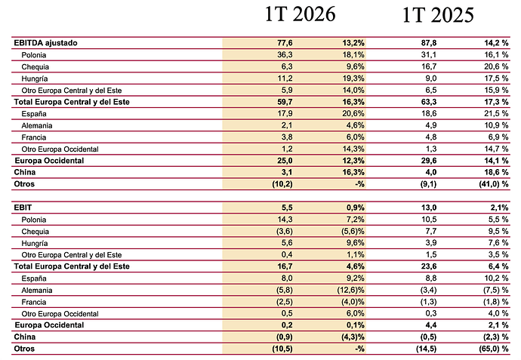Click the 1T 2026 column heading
[300, 14]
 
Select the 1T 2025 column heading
[438, 15]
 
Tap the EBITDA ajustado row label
[45, 43]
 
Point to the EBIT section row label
[23, 208]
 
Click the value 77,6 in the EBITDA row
[285, 43]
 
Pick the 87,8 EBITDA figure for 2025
[429, 43]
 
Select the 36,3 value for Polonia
[285, 54]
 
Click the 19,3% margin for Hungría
[353, 78]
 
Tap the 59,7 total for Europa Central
[285, 102]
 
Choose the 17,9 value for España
[285, 113]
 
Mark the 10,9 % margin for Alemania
[496, 125]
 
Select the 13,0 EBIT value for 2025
[429, 208]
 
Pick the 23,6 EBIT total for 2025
[429, 266]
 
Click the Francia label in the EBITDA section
[33, 137]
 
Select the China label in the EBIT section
[25, 337]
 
